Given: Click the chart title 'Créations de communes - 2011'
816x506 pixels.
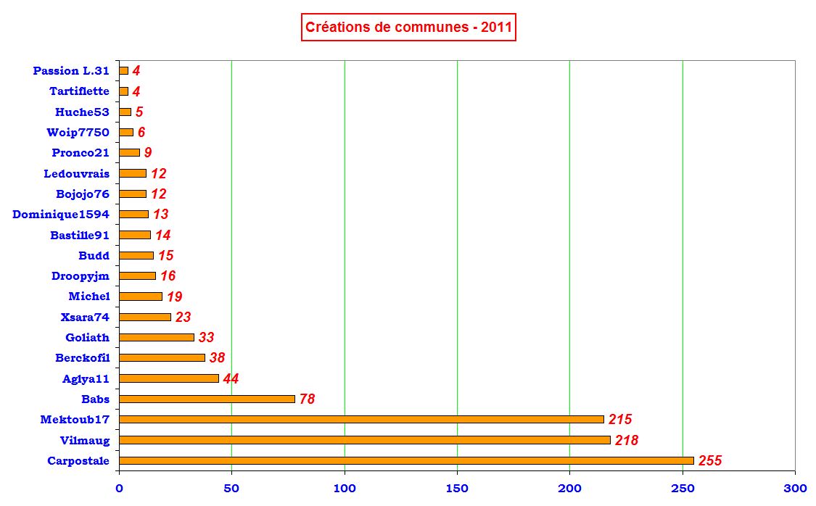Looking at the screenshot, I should [x=408, y=28].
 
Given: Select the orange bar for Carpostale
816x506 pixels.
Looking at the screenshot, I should [x=406, y=460].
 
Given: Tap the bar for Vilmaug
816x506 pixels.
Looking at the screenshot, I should [x=364, y=440].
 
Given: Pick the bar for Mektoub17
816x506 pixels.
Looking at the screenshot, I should [x=361, y=419].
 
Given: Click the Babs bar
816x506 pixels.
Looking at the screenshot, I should [x=207, y=399].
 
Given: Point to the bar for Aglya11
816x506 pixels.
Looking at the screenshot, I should [x=169, y=378].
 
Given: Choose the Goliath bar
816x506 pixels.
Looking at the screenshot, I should [x=157, y=337].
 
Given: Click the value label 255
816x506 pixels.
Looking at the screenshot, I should [x=710, y=461].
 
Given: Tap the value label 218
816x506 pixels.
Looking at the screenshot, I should [x=627, y=440].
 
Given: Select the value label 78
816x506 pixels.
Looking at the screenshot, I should [x=307, y=399].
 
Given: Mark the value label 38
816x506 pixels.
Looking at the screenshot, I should [x=218, y=358].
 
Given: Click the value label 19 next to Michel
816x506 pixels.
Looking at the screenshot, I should [x=174, y=296].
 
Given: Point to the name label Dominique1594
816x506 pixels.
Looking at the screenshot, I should [x=61, y=215].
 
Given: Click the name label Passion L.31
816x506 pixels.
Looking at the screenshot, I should [x=71, y=71].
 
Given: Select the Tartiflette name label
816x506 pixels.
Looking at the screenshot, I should [x=79, y=91].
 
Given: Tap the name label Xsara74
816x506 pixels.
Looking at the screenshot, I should [x=86, y=317].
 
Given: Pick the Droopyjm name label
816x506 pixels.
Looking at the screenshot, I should [x=81, y=276].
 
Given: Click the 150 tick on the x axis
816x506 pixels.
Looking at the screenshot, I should [x=457, y=488].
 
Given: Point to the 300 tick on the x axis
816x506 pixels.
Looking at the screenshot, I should [x=795, y=488].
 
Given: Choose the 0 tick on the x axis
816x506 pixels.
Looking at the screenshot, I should [x=119, y=488].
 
